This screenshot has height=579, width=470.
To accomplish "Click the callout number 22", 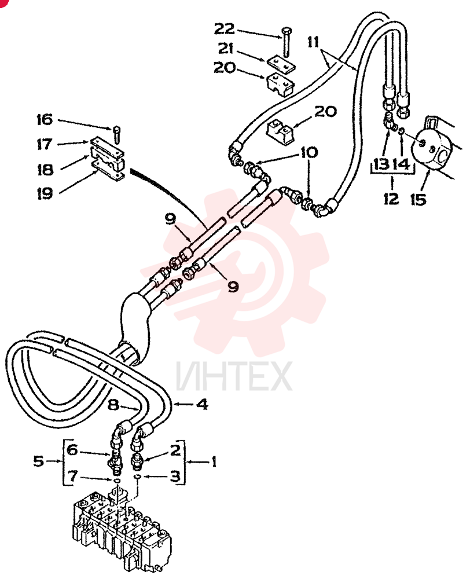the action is (224, 28).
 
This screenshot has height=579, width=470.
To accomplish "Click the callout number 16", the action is (45, 120).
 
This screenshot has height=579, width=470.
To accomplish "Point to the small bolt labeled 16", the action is (117, 135).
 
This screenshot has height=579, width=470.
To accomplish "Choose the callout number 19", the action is (45, 193).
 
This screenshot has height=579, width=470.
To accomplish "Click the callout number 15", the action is (418, 199).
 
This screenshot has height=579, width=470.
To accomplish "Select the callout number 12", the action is (391, 199).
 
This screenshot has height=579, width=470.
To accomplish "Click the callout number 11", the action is (313, 42).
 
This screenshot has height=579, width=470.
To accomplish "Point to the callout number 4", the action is (202, 404).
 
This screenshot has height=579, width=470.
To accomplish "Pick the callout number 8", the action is (113, 405).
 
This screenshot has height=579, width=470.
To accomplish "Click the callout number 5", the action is (38, 461).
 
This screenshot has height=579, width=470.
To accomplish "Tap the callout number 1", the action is (214, 461).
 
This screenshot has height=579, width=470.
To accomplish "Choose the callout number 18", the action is (45, 170).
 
